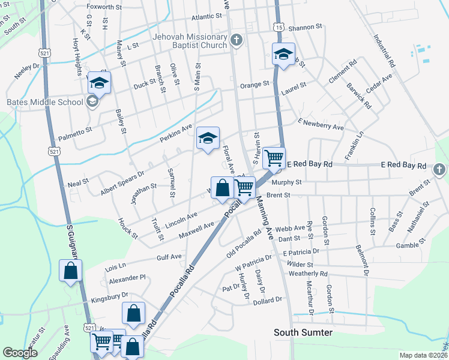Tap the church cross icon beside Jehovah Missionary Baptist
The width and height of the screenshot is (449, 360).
coord(237,41)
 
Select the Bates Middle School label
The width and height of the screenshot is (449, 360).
coord(44,102)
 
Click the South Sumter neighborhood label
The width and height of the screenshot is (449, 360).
coord(303,332)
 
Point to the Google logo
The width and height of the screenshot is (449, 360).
coord(20,353)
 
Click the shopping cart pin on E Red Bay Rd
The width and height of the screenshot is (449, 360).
coord(274,158)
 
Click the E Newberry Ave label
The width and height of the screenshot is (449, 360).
coord(321,124)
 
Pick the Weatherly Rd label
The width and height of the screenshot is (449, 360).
coord(308,274)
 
